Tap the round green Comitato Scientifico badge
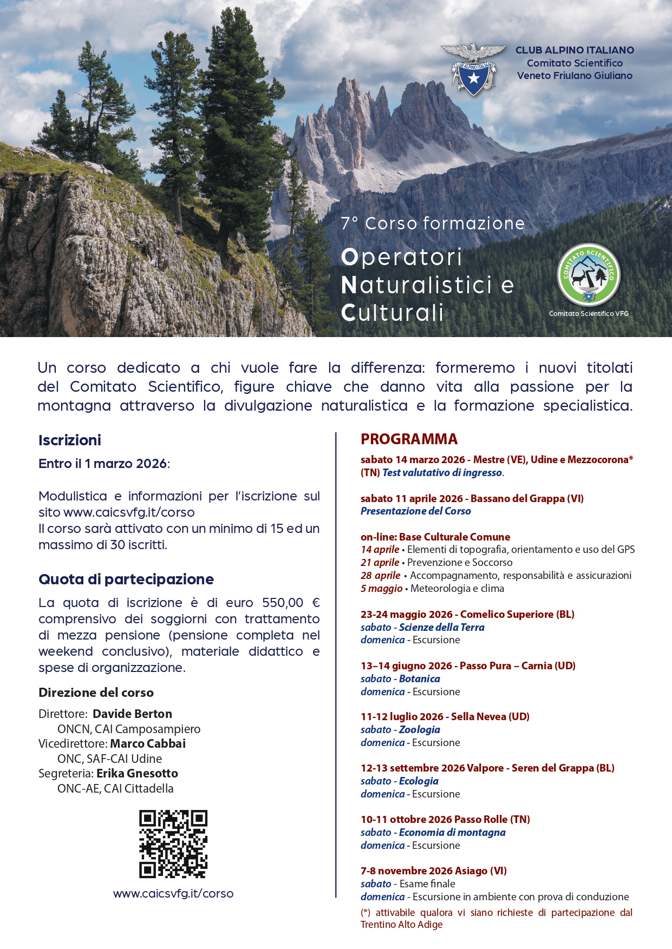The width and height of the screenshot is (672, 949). click(x=589, y=275)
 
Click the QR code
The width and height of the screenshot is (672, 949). click(x=173, y=843)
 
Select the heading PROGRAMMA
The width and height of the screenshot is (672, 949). click(x=409, y=439)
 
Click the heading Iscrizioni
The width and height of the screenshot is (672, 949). click(x=70, y=440)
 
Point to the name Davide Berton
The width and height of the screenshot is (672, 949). click(x=132, y=714)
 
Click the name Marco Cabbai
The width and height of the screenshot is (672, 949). click(x=148, y=743)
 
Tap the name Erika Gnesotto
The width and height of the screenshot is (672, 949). click(x=137, y=773)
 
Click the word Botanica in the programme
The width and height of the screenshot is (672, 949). click(x=419, y=678)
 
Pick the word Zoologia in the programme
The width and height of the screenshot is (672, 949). click(x=419, y=729)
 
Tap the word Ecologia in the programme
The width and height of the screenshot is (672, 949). click(x=419, y=781)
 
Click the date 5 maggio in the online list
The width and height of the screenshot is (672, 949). click(x=381, y=588)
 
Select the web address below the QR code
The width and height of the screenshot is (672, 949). click(x=173, y=893)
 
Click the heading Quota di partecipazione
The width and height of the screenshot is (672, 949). click(x=126, y=579)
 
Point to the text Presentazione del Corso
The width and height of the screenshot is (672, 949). click(x=415, y=511)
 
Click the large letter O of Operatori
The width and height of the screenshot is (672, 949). click(x=350, y=258)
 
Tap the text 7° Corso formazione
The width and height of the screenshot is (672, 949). click(x=433, y=223)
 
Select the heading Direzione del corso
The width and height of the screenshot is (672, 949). click(x=96, y=693)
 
